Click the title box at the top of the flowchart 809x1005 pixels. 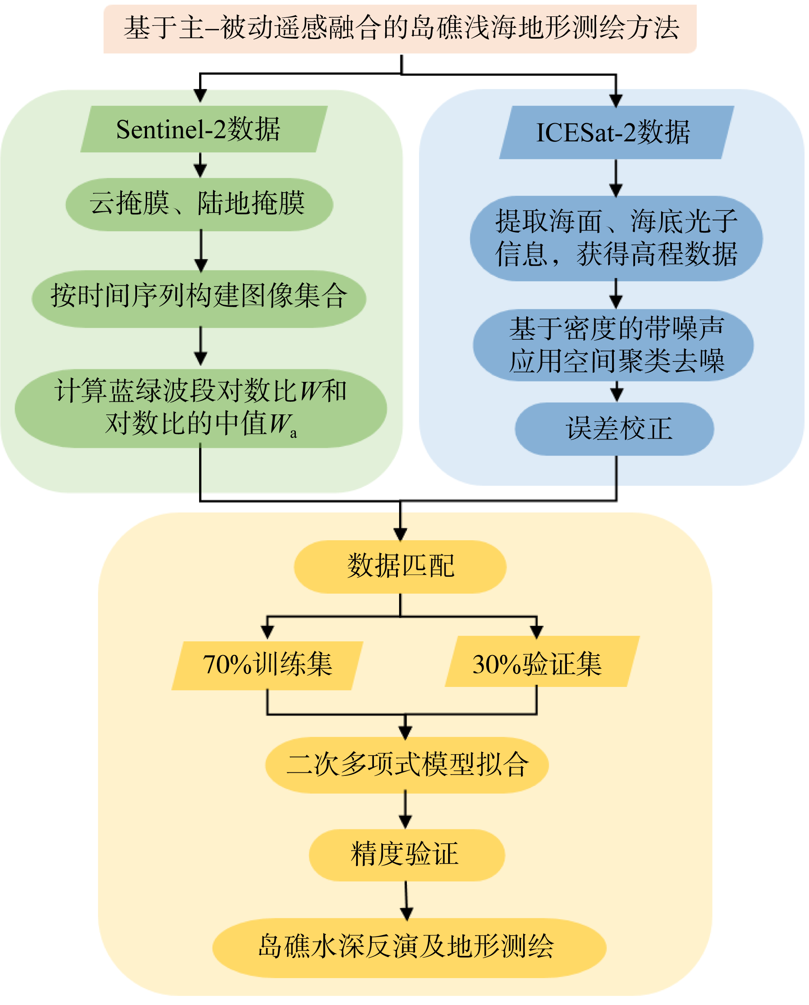400,29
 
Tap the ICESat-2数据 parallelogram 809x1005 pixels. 616,132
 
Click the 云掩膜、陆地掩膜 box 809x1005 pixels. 200,204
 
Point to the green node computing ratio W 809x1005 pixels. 200,408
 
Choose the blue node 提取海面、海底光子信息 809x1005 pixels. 616,238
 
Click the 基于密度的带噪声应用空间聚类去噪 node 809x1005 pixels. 613,345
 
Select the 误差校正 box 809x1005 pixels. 614,429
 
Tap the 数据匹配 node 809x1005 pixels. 400,567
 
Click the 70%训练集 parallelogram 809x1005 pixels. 268,665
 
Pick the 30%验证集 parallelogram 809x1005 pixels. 542,662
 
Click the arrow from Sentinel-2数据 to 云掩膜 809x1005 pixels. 200,165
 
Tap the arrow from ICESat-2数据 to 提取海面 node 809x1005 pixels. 616,177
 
